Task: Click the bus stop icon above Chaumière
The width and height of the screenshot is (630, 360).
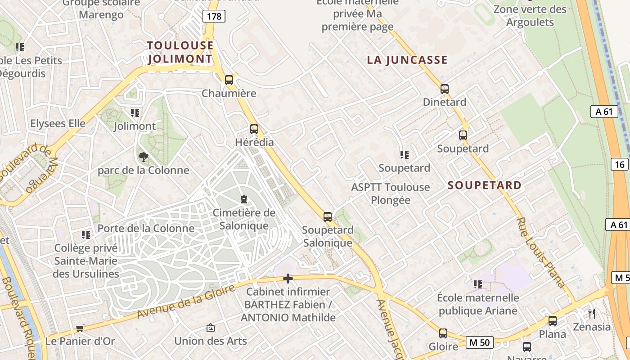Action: pos(229,80)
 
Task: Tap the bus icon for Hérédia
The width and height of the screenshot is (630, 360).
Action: pos(254,129)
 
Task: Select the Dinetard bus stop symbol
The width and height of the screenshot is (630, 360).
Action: pos(445,89)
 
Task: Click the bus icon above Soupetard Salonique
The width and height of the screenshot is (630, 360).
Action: pos(328,217)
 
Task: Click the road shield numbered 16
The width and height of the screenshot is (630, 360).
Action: pos(620,164)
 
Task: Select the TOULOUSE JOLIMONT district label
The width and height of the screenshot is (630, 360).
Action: pos(180,52)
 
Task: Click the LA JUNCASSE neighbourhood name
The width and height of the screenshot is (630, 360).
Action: pos(407,60)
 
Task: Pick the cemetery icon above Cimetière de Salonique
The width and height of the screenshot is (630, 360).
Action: pos(244,199)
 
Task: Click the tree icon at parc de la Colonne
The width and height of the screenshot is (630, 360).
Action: pos(144,157)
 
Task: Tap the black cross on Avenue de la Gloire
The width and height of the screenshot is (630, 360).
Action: pos(288,279)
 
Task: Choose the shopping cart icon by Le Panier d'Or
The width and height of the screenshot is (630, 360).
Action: pos(80,328)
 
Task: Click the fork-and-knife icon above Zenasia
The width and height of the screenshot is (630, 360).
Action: pos(592,313)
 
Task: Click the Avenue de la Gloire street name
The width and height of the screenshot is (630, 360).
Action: pos(185,302)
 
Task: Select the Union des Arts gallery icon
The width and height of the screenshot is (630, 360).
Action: pos(210,328)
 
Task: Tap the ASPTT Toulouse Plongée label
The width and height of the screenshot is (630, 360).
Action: pos(391,193)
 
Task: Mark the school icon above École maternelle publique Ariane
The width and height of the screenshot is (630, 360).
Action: pos(478,284)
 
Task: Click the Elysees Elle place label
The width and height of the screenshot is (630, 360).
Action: pos(58,123)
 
